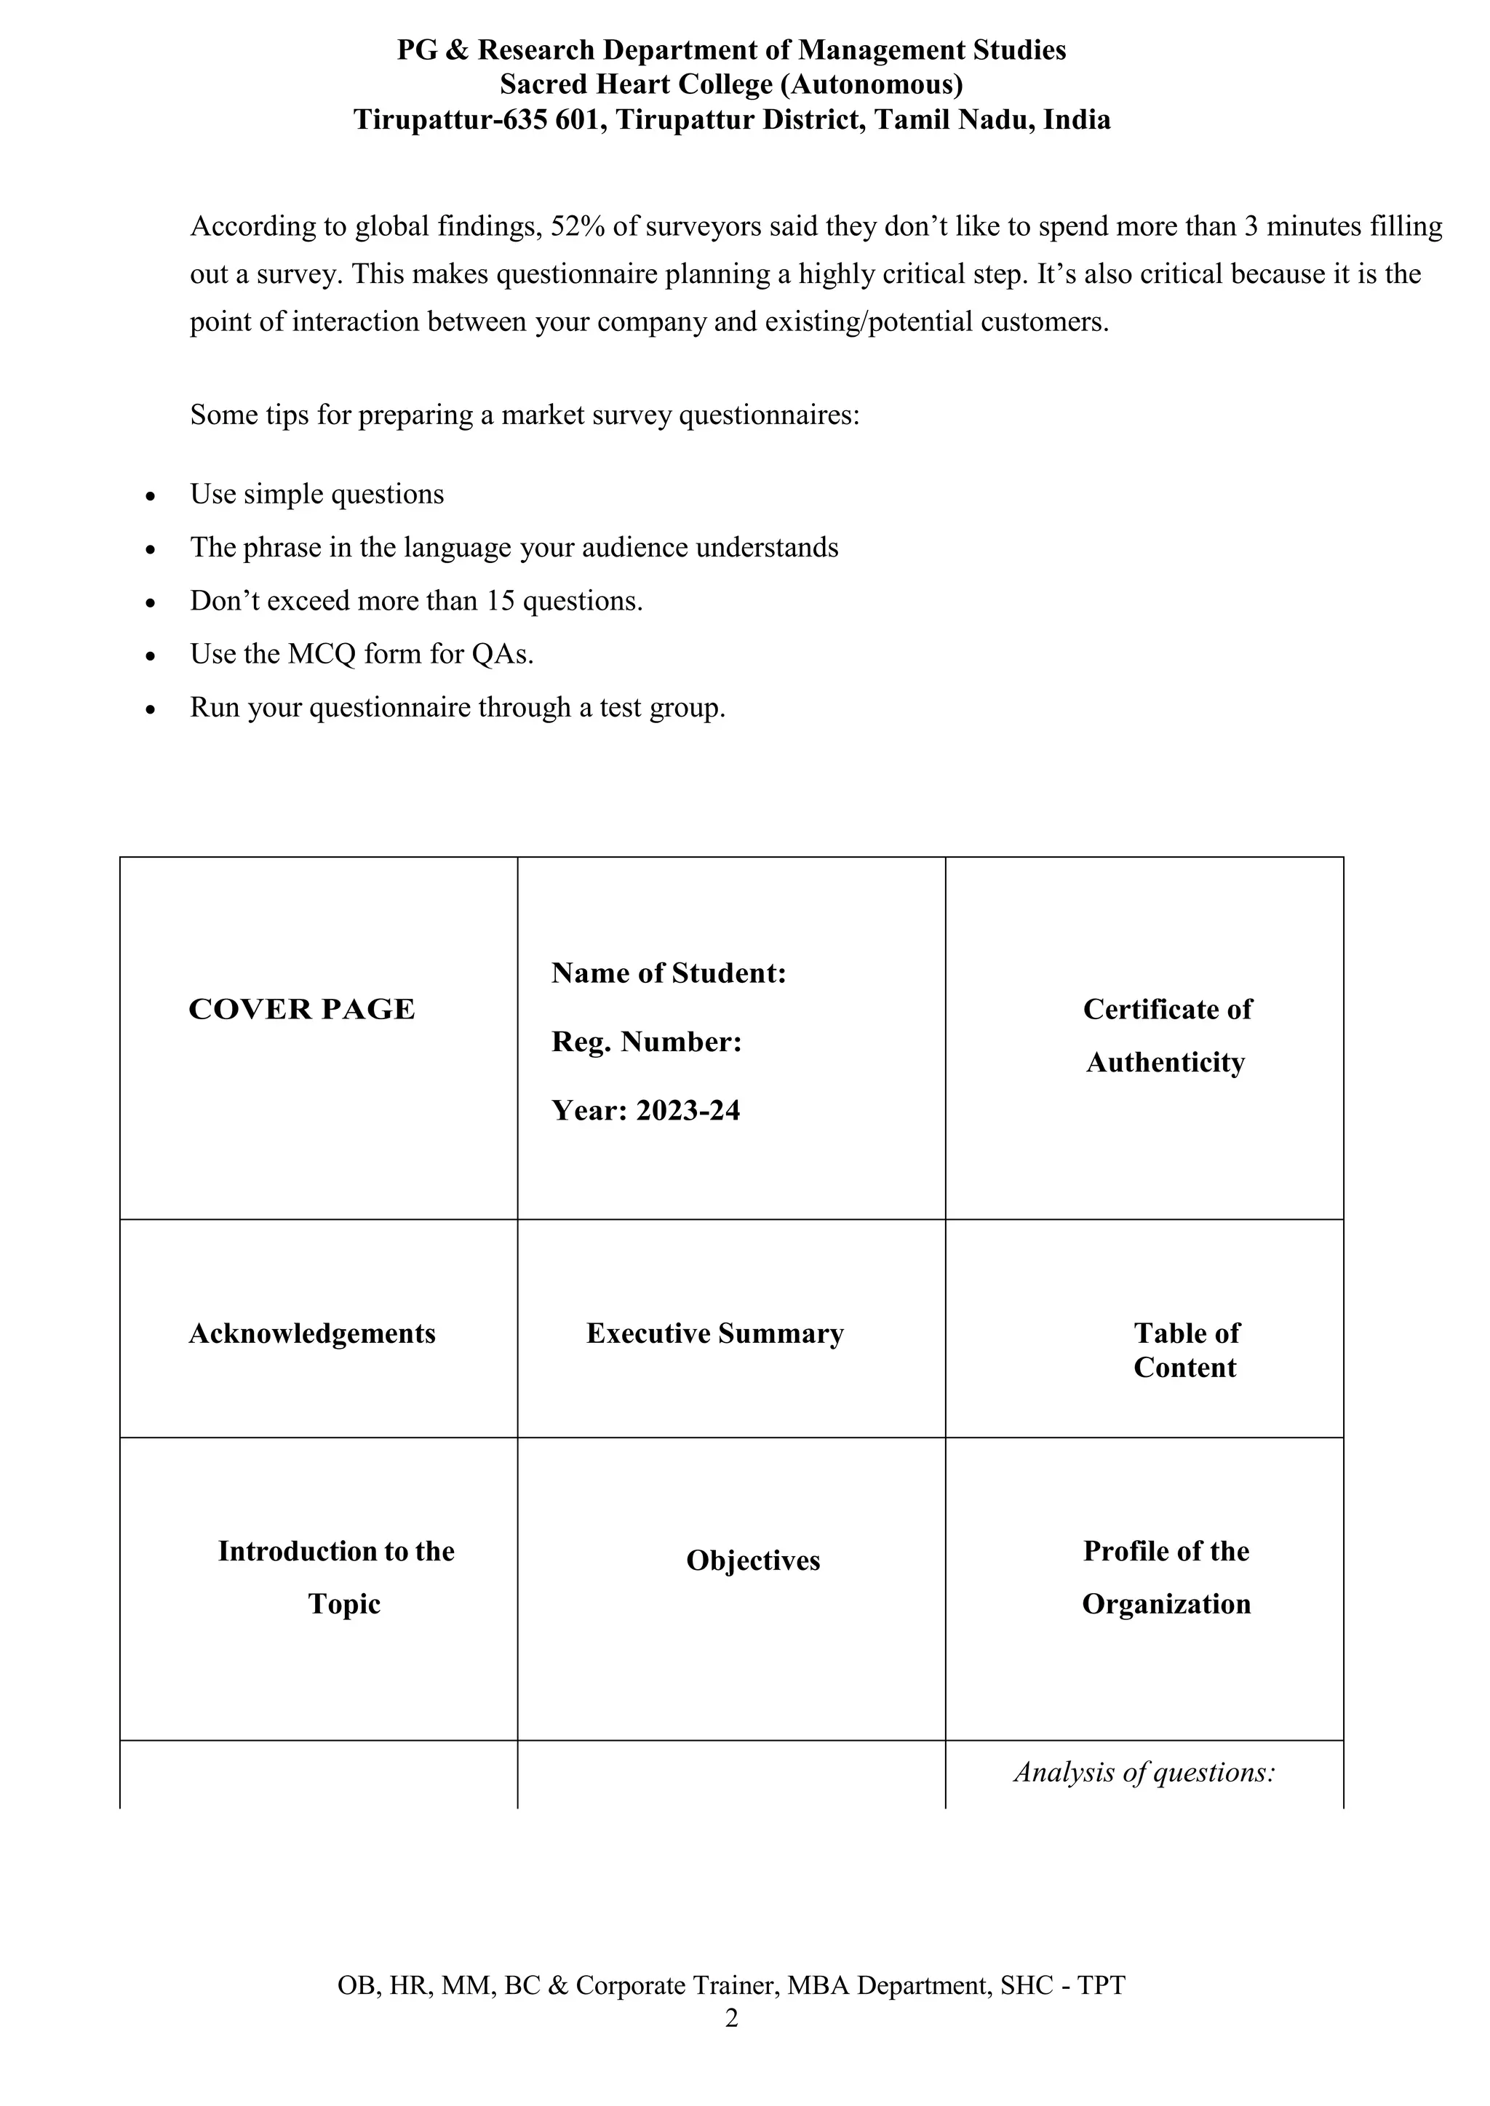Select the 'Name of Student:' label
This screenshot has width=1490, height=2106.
coord(668,973)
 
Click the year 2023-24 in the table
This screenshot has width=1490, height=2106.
coord(688,1111)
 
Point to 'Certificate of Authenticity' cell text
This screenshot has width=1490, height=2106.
coord(1166,1036)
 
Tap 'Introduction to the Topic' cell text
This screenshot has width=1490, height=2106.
coord(337,1578)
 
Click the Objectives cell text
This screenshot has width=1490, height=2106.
coord(752,1561)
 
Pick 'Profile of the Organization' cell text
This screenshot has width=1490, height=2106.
coord(1166,1578)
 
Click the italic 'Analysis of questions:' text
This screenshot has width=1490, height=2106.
coord(1144,1772)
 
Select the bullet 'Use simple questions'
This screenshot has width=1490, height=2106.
coord(316,495)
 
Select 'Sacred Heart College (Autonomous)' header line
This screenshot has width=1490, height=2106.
coord(731,84)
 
